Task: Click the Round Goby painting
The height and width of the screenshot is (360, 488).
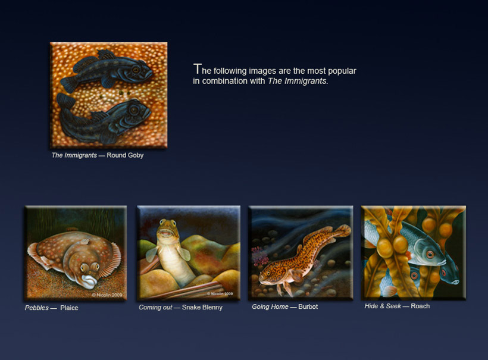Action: pos(109,95)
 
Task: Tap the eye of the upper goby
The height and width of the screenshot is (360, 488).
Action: pos(136,70)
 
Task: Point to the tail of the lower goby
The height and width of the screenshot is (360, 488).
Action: pos(65,101)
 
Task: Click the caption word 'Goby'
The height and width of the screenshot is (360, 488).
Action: pos(134,155)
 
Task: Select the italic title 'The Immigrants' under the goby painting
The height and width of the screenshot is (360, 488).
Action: pos(74,155)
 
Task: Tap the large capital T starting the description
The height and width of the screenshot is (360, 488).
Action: pos(197,69)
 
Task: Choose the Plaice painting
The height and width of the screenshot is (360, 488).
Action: pos(76,253)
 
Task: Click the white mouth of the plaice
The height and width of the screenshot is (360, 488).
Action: pos(89,281)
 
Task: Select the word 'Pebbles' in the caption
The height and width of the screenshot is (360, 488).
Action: pos(37,308)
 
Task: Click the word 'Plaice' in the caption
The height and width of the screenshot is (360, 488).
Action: pos(69,308)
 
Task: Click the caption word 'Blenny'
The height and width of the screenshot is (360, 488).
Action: pos(212,308)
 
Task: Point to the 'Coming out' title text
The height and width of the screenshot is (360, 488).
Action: pos(155,308)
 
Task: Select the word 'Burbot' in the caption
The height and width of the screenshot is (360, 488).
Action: pos(308,306)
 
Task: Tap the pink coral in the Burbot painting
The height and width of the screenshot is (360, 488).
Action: pos(260,255)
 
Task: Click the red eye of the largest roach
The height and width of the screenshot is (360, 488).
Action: pos(430,255)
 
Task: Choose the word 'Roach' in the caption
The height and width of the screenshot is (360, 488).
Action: pos(420,306)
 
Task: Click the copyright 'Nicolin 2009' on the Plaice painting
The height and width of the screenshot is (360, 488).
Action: pos(107,295)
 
